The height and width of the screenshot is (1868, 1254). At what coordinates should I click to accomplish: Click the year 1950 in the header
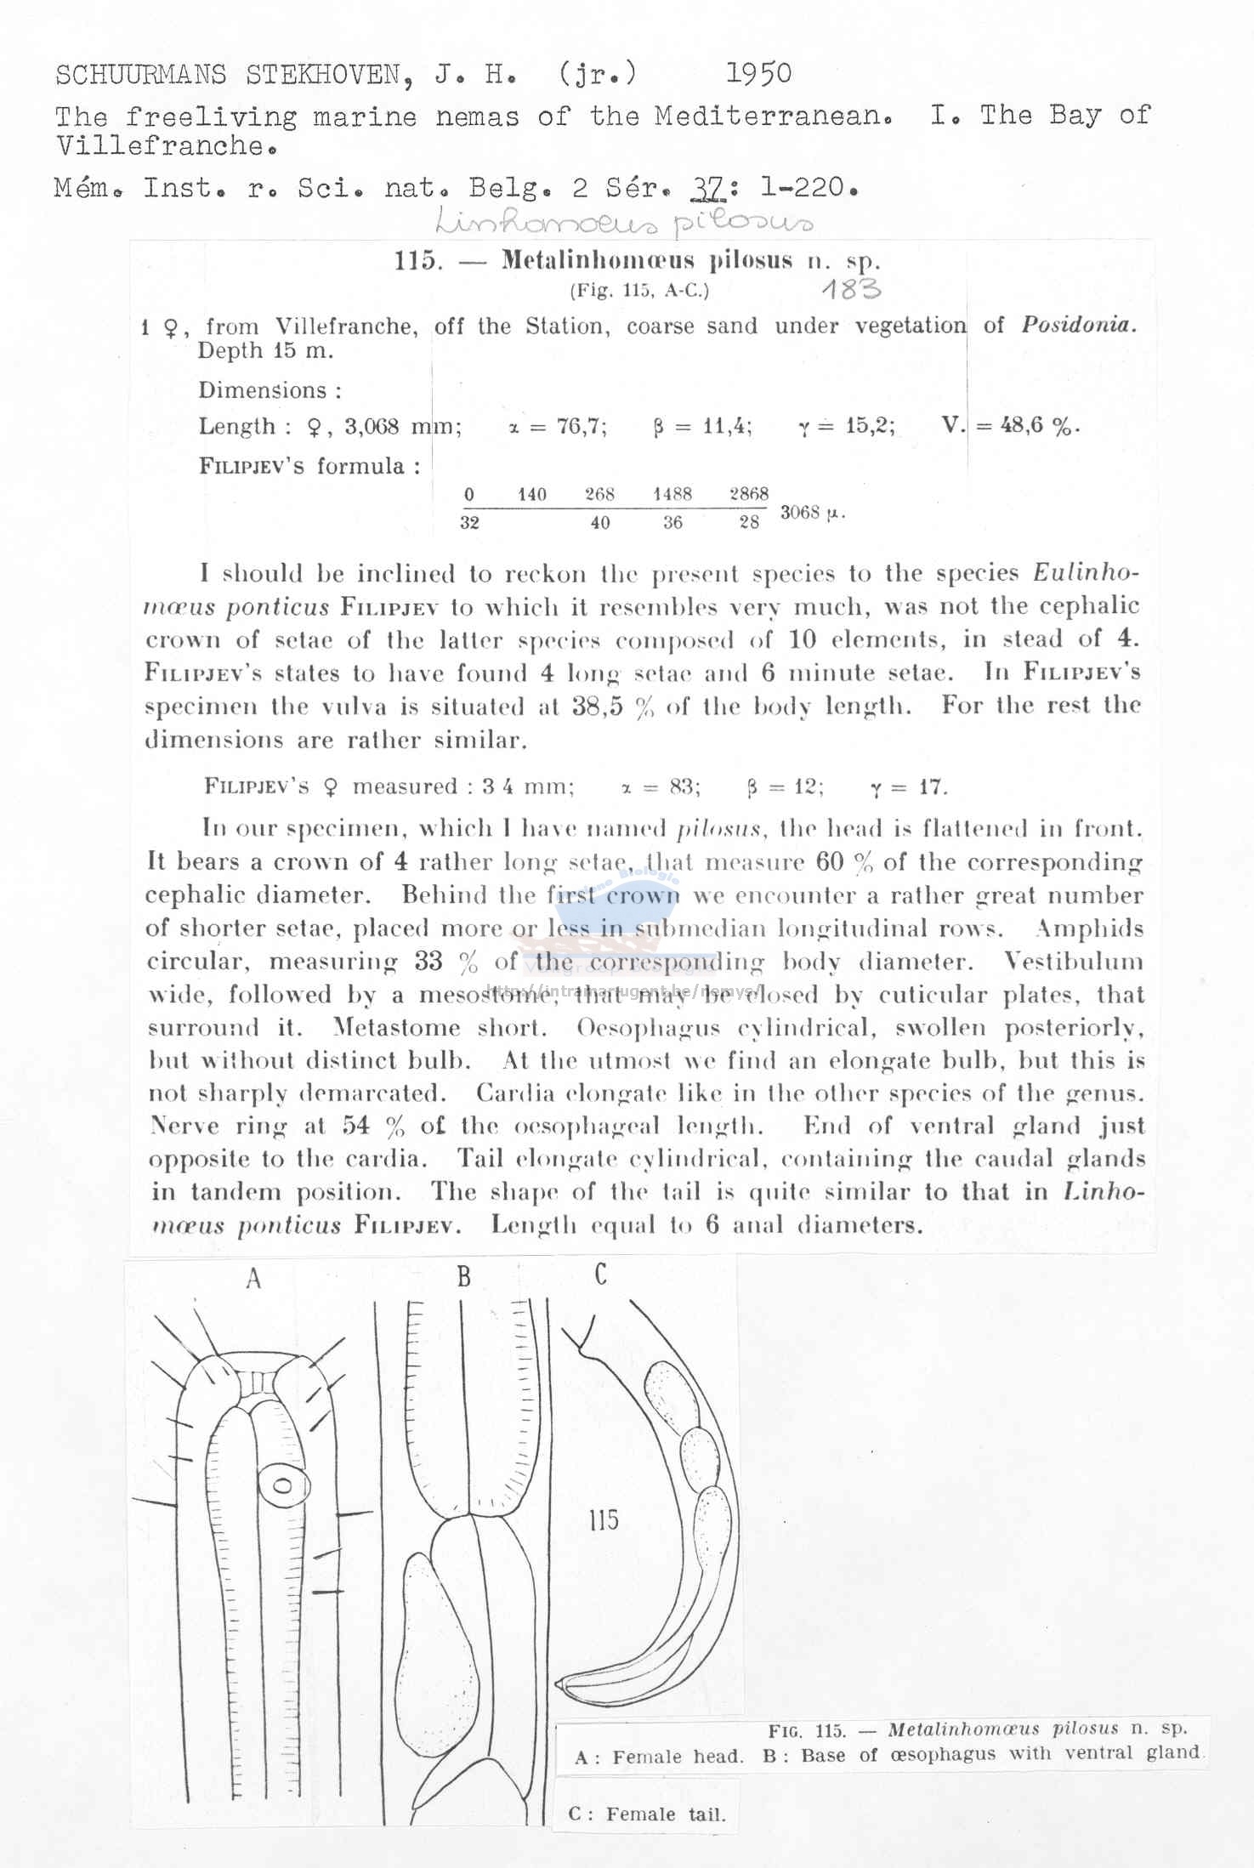[758, 74]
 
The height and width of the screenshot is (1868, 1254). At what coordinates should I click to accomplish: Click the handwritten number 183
[851, 290]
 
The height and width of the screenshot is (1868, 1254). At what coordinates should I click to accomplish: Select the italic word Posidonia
[1078, 326]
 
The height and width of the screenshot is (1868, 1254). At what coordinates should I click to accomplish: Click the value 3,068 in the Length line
[372, 426]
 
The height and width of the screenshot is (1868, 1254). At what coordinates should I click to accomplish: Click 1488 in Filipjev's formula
[672, 494]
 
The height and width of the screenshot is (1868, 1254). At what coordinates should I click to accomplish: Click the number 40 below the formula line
[600, 523]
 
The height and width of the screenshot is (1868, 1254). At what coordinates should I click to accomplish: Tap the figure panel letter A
[253, 1278]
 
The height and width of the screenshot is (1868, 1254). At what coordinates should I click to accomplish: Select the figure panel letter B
[463, 1276]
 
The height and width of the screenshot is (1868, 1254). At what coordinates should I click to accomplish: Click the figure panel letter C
[601, 1275]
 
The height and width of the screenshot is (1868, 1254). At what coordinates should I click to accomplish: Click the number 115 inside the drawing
[603, 1519]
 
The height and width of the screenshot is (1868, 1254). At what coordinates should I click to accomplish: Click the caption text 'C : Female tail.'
[647, 1814]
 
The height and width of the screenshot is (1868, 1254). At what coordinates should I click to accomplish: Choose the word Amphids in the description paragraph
[1090, 928]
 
